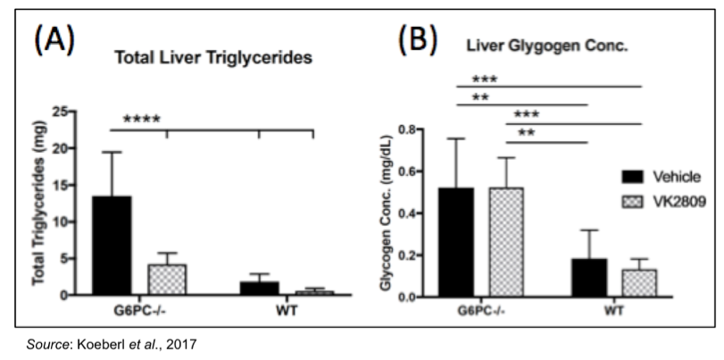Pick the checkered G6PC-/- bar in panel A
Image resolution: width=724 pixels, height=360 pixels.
click(166, 279)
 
